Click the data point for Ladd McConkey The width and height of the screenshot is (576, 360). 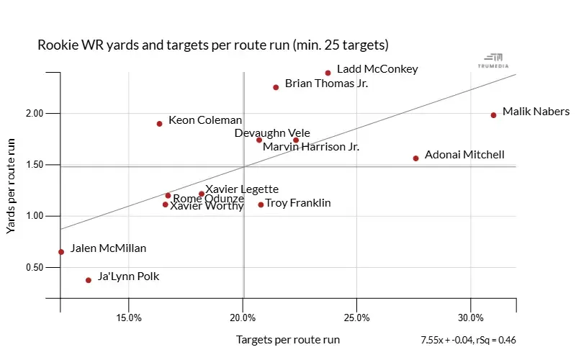click(x=328, y=73)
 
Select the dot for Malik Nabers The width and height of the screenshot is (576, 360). click(x=493, y=115)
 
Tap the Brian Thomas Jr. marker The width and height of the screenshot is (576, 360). click(x=276, y=87)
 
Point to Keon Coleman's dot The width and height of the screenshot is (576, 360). click(x=159, y=124)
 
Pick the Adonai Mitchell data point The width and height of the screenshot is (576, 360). click(x=415, y=158)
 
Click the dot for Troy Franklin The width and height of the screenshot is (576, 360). click(x=261, y=204)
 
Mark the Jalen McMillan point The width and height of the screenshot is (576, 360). click(x=61, y=252)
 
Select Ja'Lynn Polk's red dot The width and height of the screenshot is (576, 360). click(x=89, y=280)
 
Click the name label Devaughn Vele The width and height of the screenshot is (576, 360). click(x=272, y=133)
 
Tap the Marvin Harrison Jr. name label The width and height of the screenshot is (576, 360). click(x=310, y=147)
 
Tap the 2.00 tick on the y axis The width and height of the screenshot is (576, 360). click(x=35, y=114)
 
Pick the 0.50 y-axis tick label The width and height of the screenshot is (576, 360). click(x=35, y=268)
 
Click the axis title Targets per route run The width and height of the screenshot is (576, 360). click(x=287, y=339)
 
